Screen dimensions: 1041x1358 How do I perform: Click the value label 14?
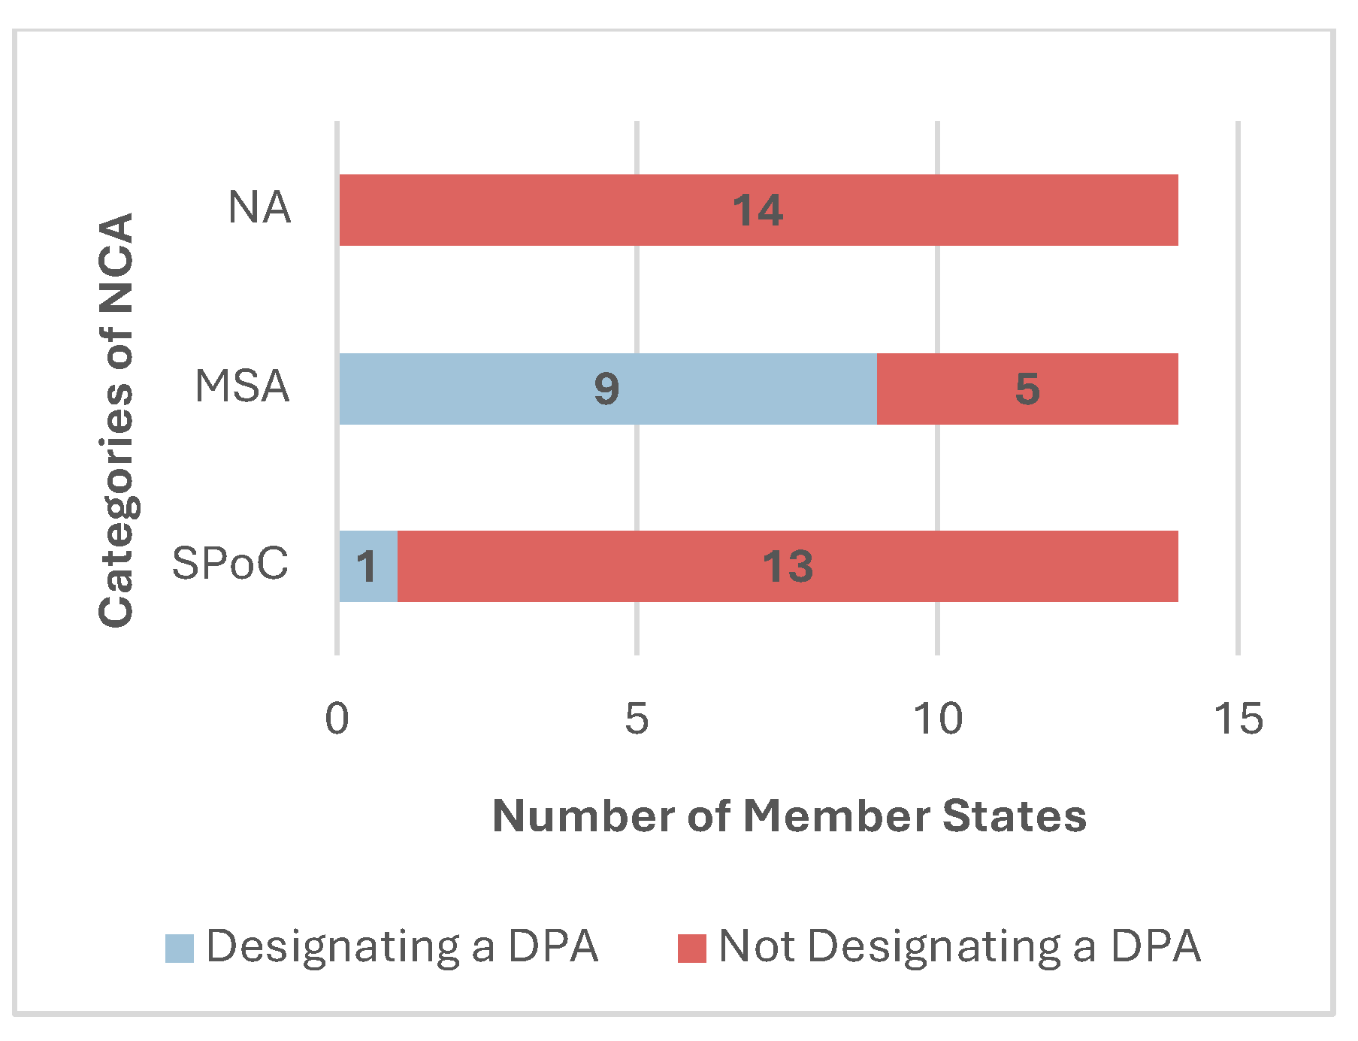[x=758, y=210]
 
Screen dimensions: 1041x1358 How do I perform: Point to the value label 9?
[x=606, y=389]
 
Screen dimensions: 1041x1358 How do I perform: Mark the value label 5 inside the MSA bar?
[x=1027, y=389]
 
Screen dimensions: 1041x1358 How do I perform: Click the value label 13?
[x=788, y=567]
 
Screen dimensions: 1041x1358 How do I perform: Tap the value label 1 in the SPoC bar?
[x=367, y=567]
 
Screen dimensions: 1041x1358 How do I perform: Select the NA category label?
[x=259, y=208]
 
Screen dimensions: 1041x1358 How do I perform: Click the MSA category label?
[x=242, y=387]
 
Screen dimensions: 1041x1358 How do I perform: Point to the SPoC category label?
[x=230, y=564]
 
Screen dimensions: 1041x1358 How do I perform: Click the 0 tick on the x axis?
[x=337, y=719]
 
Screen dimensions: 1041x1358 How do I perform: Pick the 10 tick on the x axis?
[x=938, y=719]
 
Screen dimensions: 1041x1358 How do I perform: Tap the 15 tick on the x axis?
[x=1239, y=719]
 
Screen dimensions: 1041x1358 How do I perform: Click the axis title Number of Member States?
[x=789, y=816]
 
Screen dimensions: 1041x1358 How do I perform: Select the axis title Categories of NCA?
[x=116, y=419]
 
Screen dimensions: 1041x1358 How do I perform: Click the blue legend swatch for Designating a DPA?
[x=180, y=948]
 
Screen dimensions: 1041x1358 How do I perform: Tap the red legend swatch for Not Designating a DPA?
[x=691, y=948]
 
